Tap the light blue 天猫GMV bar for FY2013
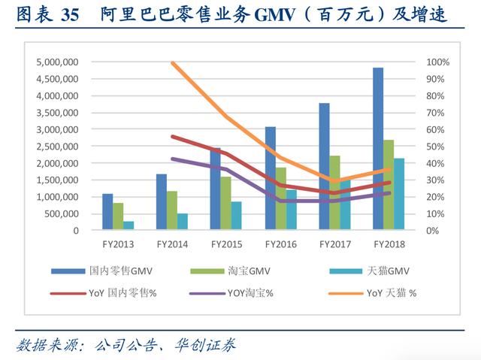[x=129, y=225]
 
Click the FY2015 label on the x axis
[x=225, y=244]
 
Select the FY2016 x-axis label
[x=280, y=244]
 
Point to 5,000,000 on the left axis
[x=57, y=62]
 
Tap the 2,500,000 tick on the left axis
[x=57, y=147]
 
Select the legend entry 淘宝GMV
[x=249, y=271]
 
